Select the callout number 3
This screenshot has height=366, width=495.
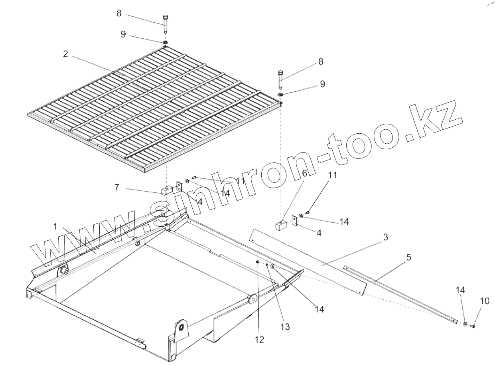tap(385, 237)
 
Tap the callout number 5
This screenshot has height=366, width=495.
tap(408, 257)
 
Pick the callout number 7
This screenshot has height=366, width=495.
tap(117, 187)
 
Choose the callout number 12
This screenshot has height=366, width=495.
tap(259, 340)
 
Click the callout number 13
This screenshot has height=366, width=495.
tap(285, 326)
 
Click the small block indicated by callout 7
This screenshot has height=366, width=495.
tap(166, 190)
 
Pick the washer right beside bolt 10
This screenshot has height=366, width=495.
tap(465, 324)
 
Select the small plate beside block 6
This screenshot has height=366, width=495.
tap(295, 221)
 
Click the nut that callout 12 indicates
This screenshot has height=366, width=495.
tap(258, 262)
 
